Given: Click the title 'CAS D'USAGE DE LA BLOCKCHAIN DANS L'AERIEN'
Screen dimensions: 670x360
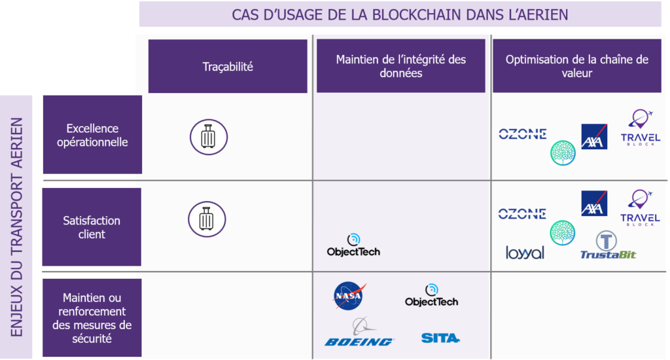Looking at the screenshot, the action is tap(400, 14).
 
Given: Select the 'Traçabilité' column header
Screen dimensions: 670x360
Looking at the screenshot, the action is tap(228, 66).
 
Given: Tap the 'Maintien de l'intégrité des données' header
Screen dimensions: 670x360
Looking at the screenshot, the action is tap(401, 66).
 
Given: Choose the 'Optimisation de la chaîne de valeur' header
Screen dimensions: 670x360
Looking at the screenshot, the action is tap(577, 66).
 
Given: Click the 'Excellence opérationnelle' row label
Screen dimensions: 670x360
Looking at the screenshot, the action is tap(92, 135).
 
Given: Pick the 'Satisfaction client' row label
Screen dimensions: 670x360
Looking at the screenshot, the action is tap(92, 227).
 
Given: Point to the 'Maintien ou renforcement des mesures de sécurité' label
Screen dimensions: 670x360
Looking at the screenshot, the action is tap(92, 317).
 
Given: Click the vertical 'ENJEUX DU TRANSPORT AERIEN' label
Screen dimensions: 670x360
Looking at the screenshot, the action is tap(16, 227).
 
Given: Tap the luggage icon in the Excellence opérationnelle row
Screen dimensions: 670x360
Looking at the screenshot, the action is tap(209, 137).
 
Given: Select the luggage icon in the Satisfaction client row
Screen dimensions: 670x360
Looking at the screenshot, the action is tap(207, 219).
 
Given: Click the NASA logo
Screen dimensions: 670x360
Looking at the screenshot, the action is tap(349, 295).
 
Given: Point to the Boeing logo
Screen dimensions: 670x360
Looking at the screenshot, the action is tap(359, 333).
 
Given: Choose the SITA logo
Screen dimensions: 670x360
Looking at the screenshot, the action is tap(440, 338).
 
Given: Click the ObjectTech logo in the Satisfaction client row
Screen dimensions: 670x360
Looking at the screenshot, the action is tap(353, 245).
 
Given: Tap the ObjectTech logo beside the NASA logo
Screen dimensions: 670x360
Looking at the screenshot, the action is tap(432, 295).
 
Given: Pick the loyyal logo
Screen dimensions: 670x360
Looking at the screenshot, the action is tap(525, 253).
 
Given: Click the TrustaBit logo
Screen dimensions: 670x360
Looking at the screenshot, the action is tap(608, 245).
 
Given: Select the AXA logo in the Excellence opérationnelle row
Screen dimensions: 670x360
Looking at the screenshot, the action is tap(594, 136).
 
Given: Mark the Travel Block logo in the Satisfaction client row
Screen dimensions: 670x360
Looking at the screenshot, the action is tap(640, 207).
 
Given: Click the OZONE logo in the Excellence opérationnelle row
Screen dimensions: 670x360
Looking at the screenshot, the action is tap(523, 134).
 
